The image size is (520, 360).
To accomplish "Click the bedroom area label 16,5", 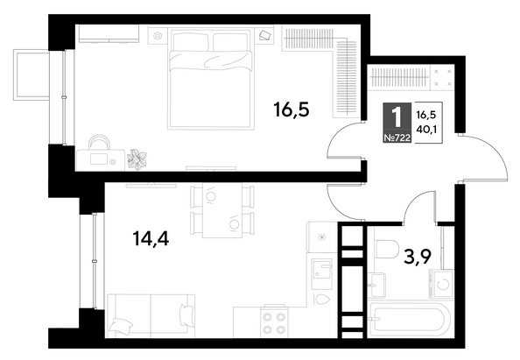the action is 292,109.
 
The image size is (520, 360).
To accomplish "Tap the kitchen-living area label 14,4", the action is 151,238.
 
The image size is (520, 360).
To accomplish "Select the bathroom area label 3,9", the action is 418,257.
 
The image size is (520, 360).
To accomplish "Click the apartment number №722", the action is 397,138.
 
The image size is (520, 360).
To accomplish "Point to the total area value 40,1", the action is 426,129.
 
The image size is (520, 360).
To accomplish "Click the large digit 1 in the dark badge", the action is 397,117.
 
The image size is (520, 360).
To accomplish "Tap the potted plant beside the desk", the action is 137,159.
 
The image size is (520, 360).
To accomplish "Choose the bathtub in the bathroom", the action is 409,320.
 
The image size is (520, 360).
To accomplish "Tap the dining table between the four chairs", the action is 222,211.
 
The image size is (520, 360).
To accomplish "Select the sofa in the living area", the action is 151,316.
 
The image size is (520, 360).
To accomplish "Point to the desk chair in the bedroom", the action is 99,143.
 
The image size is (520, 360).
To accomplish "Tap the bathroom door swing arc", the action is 413,202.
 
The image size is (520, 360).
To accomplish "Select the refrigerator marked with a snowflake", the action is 321,236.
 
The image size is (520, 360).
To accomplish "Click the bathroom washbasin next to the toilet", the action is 377,285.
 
